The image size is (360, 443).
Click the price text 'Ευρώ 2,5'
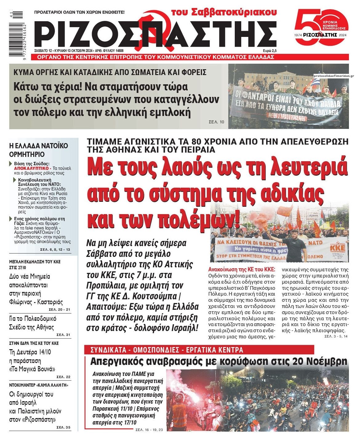[x=270, y=50]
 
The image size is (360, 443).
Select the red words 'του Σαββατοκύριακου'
[x=223, y=12]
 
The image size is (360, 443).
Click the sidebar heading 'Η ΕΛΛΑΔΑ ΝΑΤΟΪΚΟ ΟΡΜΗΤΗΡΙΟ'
[x=39, y=150]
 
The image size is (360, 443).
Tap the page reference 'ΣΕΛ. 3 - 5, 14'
[x=336, y=337]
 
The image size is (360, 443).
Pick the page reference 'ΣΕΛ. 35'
[x=63, y=427]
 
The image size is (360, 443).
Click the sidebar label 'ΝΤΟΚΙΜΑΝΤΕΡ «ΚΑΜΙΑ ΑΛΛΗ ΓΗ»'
[x=38, y=385]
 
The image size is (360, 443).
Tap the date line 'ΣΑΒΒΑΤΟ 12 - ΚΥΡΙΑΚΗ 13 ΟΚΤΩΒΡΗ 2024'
[x=66, y=50]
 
